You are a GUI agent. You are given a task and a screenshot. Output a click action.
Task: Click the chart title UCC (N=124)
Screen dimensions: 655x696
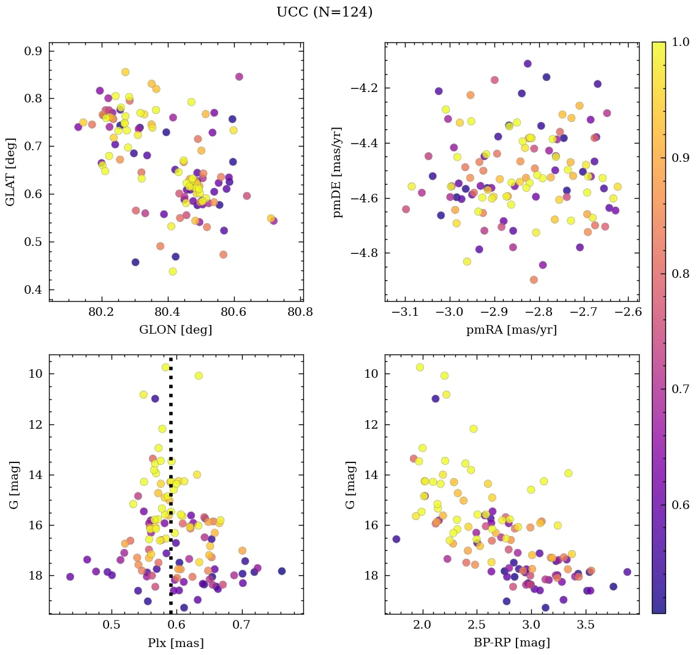[x=324, y=12]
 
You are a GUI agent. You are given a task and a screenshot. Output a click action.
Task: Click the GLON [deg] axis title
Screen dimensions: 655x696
[x=176, y=330]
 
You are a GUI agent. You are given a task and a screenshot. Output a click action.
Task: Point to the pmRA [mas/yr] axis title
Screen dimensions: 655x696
[x=512, y=330]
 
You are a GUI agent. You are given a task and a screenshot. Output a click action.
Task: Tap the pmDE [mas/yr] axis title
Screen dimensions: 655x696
[x=337, y=172]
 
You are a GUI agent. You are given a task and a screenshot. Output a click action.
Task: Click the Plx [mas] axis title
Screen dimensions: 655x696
[x=176, y=643]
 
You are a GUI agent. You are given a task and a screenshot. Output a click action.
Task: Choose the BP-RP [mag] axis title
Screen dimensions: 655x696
[x=512, y=643]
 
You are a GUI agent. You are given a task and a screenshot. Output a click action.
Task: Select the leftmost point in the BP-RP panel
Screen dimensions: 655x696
[x=396, y=539]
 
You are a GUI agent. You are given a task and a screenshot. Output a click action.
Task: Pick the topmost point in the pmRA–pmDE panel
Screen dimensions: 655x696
[x=528, y=64]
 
